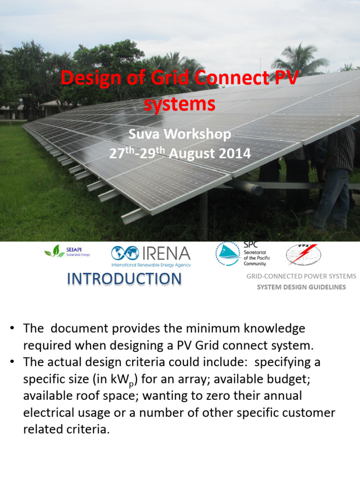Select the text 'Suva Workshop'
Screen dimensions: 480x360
180,135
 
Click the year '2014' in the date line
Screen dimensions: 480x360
233,153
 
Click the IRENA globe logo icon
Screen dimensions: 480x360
125,254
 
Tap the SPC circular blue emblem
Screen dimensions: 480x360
227,254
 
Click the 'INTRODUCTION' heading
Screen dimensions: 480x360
124,279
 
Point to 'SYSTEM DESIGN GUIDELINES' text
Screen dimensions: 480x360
301,287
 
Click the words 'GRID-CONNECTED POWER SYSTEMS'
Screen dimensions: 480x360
301,276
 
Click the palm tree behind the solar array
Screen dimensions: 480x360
300,60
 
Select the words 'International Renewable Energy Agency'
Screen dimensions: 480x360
151,265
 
